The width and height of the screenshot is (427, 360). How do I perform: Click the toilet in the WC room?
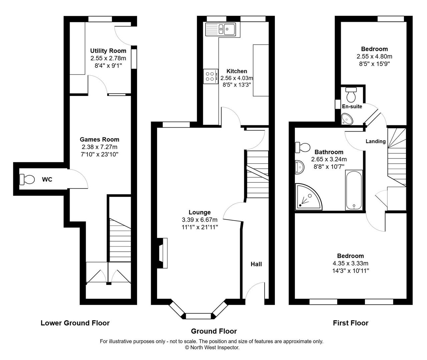click(27, 179)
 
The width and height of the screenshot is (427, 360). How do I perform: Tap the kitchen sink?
click(221, 29)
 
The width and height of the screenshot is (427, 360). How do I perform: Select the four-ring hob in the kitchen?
click(210, 76)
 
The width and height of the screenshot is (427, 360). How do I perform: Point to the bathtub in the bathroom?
click(354, 190)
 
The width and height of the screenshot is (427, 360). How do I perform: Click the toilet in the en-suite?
click(351, 95)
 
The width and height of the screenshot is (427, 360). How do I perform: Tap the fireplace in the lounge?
click(162, 253)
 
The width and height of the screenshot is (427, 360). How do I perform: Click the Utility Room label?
click(108, 51)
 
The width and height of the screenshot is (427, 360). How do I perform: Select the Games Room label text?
click(99, 139)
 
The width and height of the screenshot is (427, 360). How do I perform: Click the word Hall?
click(256, 264)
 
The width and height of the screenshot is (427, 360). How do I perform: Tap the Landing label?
click(376, 141)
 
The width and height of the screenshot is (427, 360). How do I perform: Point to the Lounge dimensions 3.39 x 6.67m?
click(199, 220)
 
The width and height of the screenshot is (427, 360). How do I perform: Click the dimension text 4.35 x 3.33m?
click(350, 263)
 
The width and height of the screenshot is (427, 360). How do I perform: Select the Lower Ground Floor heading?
click(75, 323)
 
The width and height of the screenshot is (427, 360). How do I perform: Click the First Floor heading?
click(351, 323)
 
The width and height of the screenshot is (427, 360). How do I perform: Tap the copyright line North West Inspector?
click(212, 347)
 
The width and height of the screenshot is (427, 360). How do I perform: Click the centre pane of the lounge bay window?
click(198, 316)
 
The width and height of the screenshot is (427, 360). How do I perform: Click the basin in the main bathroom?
click(299, 167)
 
